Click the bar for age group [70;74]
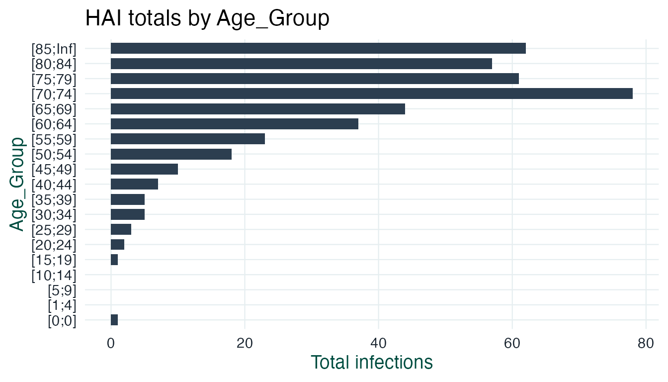click(x=371, y=94)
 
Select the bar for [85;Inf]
click(x=318, y=48)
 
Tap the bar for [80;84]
click(x=301, y=64)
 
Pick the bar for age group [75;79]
click(x=315, y=79)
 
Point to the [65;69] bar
click(x=257, y=109)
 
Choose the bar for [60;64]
click(x=234, y=124)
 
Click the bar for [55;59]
click(x=187, y=139)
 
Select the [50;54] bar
click(x=171, y=154)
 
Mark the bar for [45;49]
click(x=144, y=169)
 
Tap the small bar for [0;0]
click(x=114, y=320)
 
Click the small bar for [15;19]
click(x=114, y=260)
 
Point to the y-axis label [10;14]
click(x=54, y=275)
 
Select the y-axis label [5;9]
click(x=62, y=289)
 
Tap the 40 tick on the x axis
click(x=378, y=344)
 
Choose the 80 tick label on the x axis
click(x=646, y=344)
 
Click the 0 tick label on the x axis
click(x=111, y=344)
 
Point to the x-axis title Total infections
click(x=371, y=363)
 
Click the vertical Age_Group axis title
click(x=17, y=184)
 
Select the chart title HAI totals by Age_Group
click(x=207, y=19)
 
